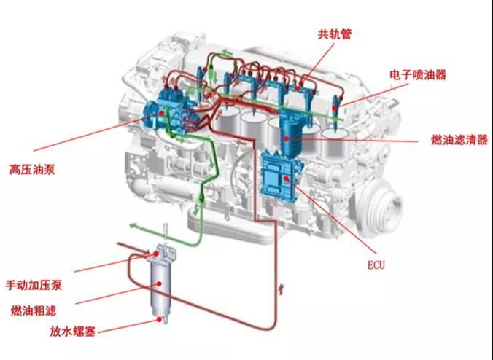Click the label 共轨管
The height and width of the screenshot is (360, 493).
pyautogui.click(x=334, y=34)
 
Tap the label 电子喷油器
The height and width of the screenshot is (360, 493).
pyautogui.click(x=418, y=75)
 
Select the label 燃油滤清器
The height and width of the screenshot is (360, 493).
pyautogui.click(x=459, y=140)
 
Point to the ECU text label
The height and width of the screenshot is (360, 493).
pyautogui.click(x=376, y=265)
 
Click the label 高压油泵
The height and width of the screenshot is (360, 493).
pyautogui.click(x=32, y=170)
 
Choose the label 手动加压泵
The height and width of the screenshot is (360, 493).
pyautogui.click(x=34, y=285)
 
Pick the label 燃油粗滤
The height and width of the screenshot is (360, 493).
pyautogui.click(x=34, y=310)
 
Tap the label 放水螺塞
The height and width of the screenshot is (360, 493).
pyautogui.click(x=73, y=332)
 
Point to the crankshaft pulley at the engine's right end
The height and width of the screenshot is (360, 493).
pyautogui.click(x=380, y=208)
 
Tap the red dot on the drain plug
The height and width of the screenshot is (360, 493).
pyautogui.click(x=160, y=319)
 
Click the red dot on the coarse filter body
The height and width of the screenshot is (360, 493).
pyautogui.click(x=159, y=283)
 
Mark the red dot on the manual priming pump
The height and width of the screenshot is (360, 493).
pyautogui.click(x=156, y=254)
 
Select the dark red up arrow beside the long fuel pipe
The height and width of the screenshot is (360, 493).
pyautogui.click(x=282, y=289)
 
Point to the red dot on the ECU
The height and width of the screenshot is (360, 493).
pyautogui.click(x=286, y=179)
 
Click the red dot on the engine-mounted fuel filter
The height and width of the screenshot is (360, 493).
pyautogui.click(x=286, y=138)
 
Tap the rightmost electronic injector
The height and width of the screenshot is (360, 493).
pyautogui.click(x=335, y=112)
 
